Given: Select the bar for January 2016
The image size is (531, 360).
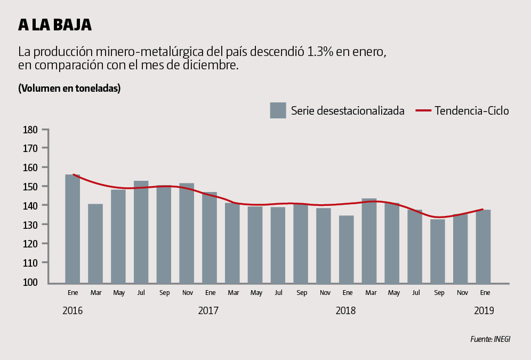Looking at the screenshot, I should (73, 229).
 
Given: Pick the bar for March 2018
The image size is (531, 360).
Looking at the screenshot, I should (369, 241).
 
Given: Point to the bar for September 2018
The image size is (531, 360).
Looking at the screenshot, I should (438, 251).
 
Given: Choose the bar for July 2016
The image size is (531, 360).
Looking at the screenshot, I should (141, 232).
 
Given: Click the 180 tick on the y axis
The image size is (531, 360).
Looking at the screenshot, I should (30, 130).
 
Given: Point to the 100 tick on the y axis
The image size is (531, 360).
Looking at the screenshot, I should (30, 282).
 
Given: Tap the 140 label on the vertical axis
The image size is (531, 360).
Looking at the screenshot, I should (30, 206).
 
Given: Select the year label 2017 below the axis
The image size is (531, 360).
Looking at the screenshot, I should (208, 310).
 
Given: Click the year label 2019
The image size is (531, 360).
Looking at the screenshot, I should (484, 310).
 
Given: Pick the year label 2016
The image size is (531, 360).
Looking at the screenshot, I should (73, 310).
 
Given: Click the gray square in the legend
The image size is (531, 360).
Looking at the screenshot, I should (278, 110).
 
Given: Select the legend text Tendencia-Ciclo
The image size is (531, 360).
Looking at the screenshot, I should (472, 111).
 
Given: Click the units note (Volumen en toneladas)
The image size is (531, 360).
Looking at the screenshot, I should (69, 88).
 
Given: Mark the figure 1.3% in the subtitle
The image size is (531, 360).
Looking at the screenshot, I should (321, 52).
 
